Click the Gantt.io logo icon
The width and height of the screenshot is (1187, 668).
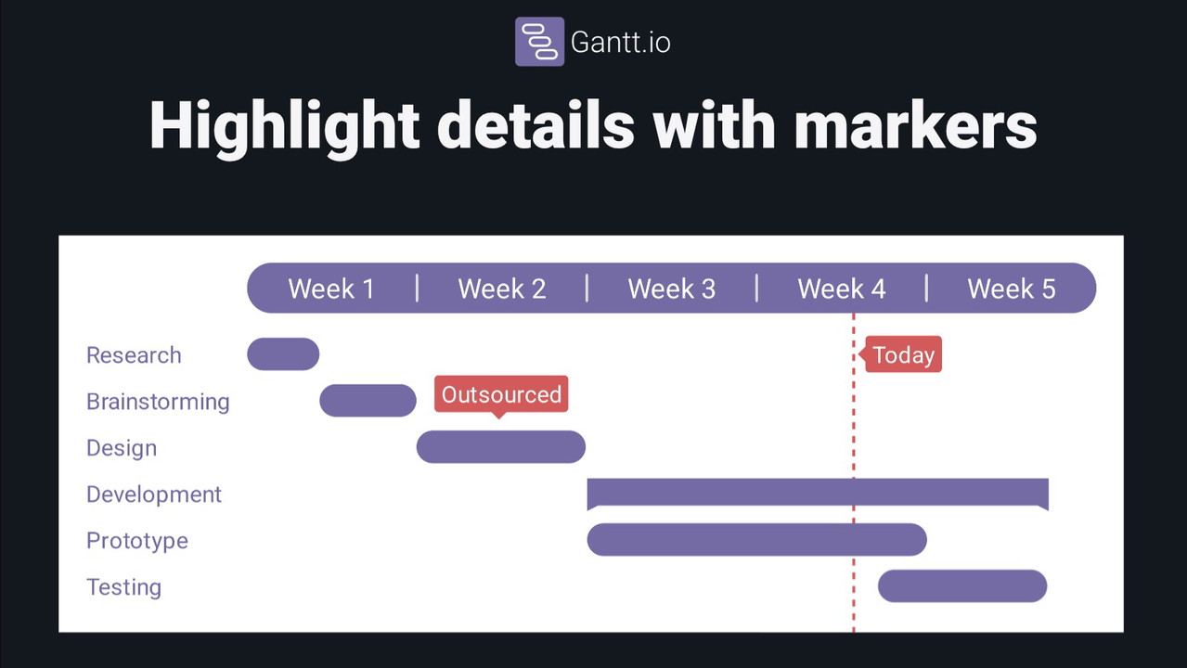coord(539,42)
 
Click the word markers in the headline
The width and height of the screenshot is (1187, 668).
coord(915,126)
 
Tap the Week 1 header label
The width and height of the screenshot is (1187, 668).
coord(331,289)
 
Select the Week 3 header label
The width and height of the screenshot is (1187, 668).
coord(671,289)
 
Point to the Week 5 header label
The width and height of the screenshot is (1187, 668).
coord(1011,289)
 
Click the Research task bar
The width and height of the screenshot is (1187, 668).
coord(283,353)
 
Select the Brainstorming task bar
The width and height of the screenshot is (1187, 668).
coord(368,401)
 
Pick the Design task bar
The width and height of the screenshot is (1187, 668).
coord(501,446)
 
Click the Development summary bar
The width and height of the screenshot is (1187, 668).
coord(818,492)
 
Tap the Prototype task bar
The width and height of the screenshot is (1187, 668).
coord(756,539)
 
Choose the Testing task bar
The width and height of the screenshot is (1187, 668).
coord(962,585)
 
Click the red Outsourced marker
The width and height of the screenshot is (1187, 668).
coord(501,395)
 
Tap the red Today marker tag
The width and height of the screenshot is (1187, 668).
coord(901,354)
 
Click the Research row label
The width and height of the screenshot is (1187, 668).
coord(134,355)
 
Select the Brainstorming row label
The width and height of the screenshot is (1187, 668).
coord(158,402)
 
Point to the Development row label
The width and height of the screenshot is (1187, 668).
coord(154,495)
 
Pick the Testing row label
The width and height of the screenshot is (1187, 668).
coord(124,587)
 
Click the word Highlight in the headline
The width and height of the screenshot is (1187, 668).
coord(285,128)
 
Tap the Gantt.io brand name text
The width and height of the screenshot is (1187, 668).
coord(621,43)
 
